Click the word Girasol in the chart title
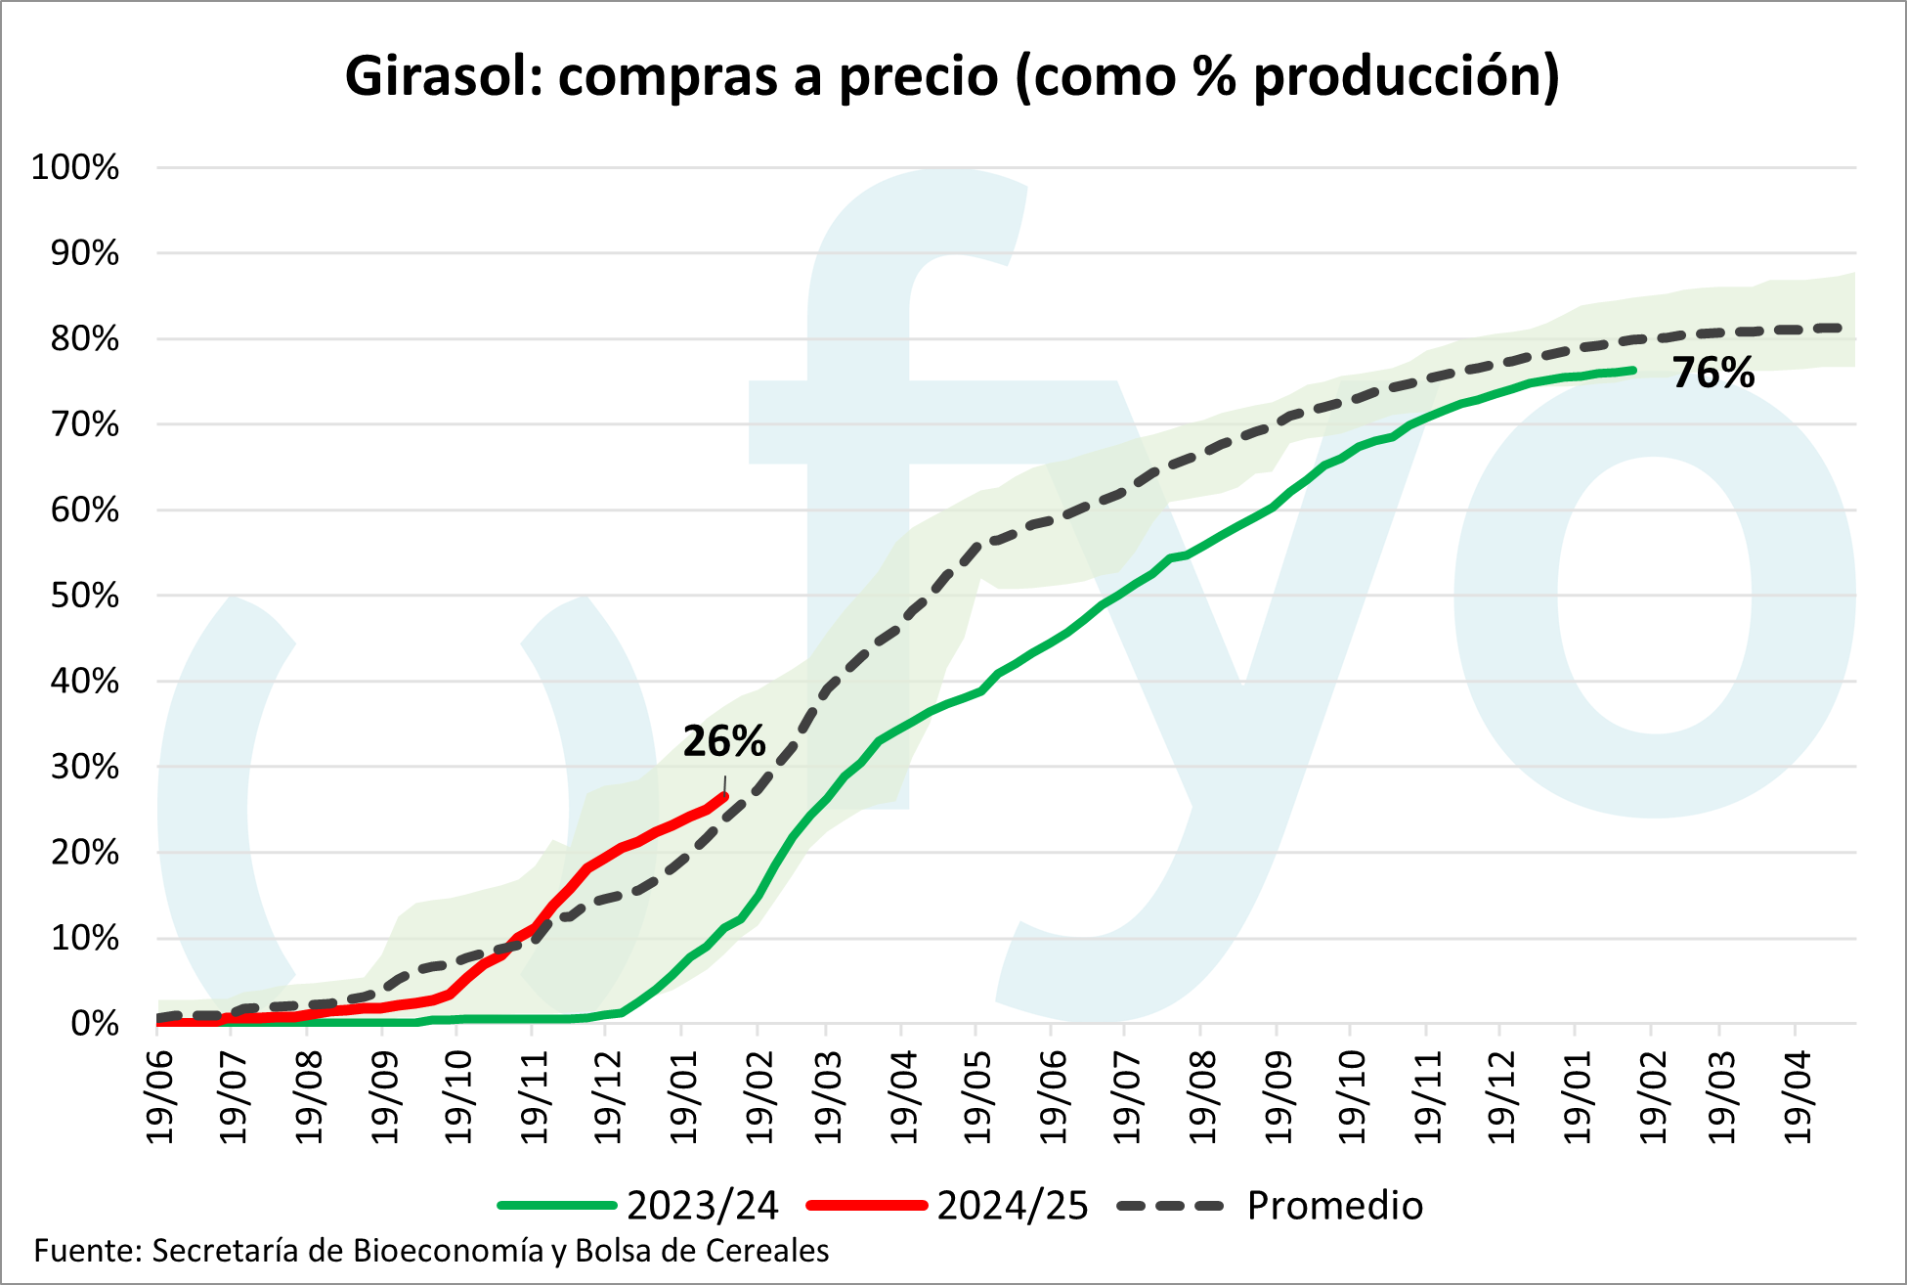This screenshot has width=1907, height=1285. click(442, 76)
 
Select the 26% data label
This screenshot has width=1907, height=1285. click(723, 741)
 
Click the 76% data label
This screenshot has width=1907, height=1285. click(1712, 374)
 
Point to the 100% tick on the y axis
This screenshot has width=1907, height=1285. click(75, 167)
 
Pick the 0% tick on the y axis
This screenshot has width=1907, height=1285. click(94, 1024)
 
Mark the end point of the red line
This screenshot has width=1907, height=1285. click(724, 796)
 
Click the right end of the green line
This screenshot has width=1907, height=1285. click(1633, 370)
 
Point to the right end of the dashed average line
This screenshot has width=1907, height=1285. click(1839, 329)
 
